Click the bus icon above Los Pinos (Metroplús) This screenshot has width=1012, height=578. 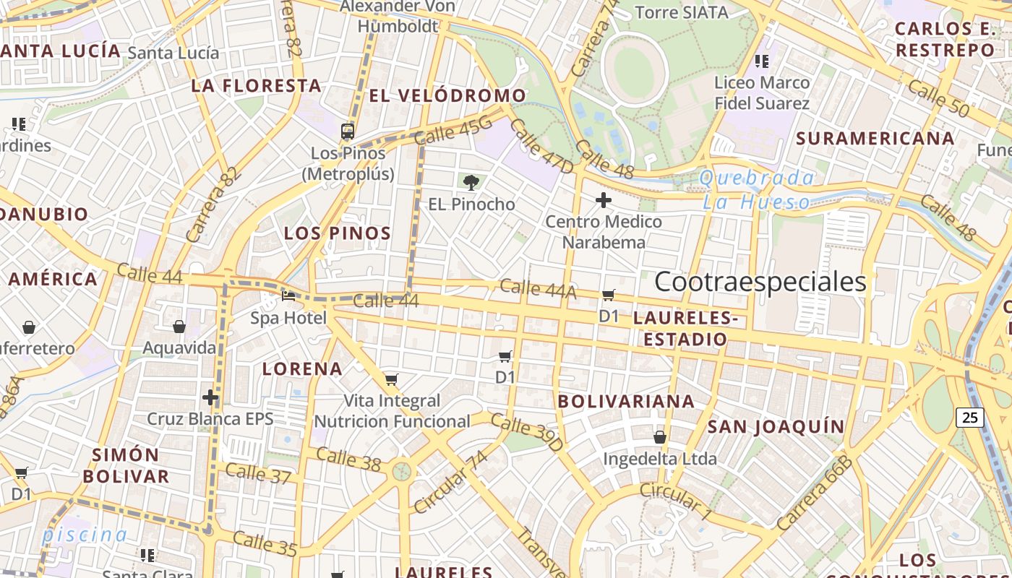(348, 131)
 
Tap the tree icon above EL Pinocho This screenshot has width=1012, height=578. (471, 182)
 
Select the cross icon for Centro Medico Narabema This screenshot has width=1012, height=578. (603, 199)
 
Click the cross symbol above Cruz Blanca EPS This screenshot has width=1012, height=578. (210, 397)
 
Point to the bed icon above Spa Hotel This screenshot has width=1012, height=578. (288, 296)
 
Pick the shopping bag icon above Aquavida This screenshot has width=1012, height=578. (179, 327)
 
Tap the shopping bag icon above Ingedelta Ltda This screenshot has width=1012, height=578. (660, 436)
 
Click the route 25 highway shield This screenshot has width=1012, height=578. (969, 417)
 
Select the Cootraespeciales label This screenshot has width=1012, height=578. (760, 282)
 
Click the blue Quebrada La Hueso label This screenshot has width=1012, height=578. (757, 189)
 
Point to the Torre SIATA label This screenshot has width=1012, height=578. (681, 12)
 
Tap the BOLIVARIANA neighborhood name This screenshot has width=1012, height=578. (626, 401)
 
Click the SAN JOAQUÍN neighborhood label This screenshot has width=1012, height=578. (776, 426)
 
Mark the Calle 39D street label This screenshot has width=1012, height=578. (526, 431)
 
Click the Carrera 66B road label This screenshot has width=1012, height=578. (815, 493)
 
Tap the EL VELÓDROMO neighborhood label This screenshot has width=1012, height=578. (447, 95)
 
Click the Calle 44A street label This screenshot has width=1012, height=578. (538, 288)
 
